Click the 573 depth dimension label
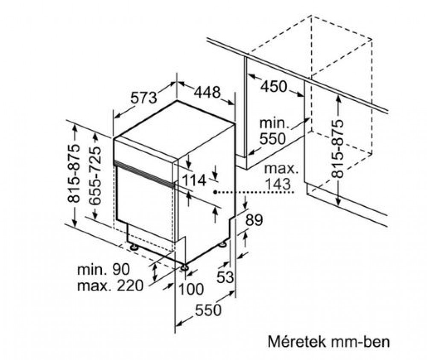point(143,98)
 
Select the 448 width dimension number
point(207,92)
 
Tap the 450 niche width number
point(274,87)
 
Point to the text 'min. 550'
point(273,131)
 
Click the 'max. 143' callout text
point(281,177)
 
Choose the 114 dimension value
point(193,180)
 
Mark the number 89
point(254,220)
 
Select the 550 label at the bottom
point(208,310)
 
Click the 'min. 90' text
point(104,270)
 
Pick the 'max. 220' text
point(110,286)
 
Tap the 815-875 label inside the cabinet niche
point(338,148)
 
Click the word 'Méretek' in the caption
point(297,342)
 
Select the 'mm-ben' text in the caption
point(360,342)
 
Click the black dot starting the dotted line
point(215,192)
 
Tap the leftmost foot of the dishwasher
point(134,247)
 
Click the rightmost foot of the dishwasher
point(222,244)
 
